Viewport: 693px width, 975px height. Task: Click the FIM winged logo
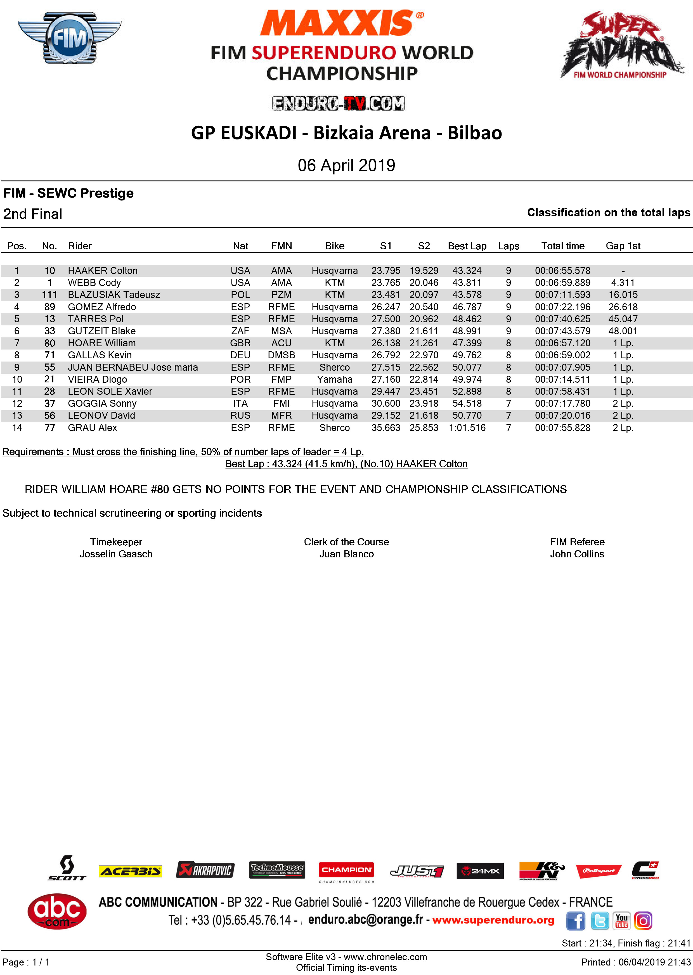point(70,38)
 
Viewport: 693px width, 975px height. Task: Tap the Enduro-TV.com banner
point(338,103)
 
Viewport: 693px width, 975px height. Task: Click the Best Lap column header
point(467,246)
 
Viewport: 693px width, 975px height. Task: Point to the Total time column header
point(562,246)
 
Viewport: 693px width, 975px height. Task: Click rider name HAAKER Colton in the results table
point(102,271)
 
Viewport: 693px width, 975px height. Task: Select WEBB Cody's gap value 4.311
point(623,283)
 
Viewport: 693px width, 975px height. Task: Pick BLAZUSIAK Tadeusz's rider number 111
point(49,295)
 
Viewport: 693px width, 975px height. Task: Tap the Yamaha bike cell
point(335,379)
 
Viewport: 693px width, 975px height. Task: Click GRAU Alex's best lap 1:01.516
point(467,428)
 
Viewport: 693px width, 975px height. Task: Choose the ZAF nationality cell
point(240,331)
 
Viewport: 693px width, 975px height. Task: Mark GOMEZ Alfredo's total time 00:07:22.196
point(562,307)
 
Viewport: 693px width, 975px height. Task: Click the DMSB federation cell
point(281,355)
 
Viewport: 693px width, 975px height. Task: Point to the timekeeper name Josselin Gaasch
point(116,554)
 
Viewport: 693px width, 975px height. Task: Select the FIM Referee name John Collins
point(577,554)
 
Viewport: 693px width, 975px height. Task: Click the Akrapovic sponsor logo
point(205,870)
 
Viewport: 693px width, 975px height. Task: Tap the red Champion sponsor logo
point(346,870)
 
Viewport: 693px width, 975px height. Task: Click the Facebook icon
point(575,921)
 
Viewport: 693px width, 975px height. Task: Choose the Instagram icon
point(643,921)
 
